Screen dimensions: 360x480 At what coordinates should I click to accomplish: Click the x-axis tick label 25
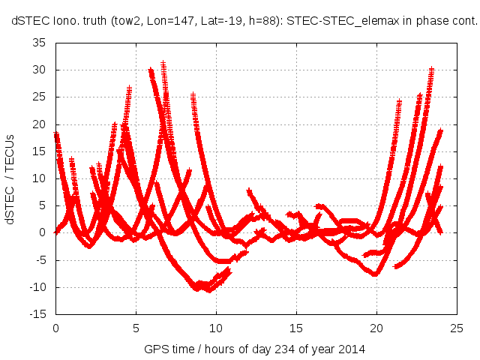[457, 328]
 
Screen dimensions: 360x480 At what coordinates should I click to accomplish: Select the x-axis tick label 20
[376, 328]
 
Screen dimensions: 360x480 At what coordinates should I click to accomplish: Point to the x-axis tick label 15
[296, 328]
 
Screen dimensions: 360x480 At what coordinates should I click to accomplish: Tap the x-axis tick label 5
[136, 328]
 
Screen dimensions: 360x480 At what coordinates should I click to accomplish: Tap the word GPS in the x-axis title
[154, 349]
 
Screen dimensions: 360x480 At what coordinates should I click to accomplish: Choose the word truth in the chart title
[93, 22]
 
